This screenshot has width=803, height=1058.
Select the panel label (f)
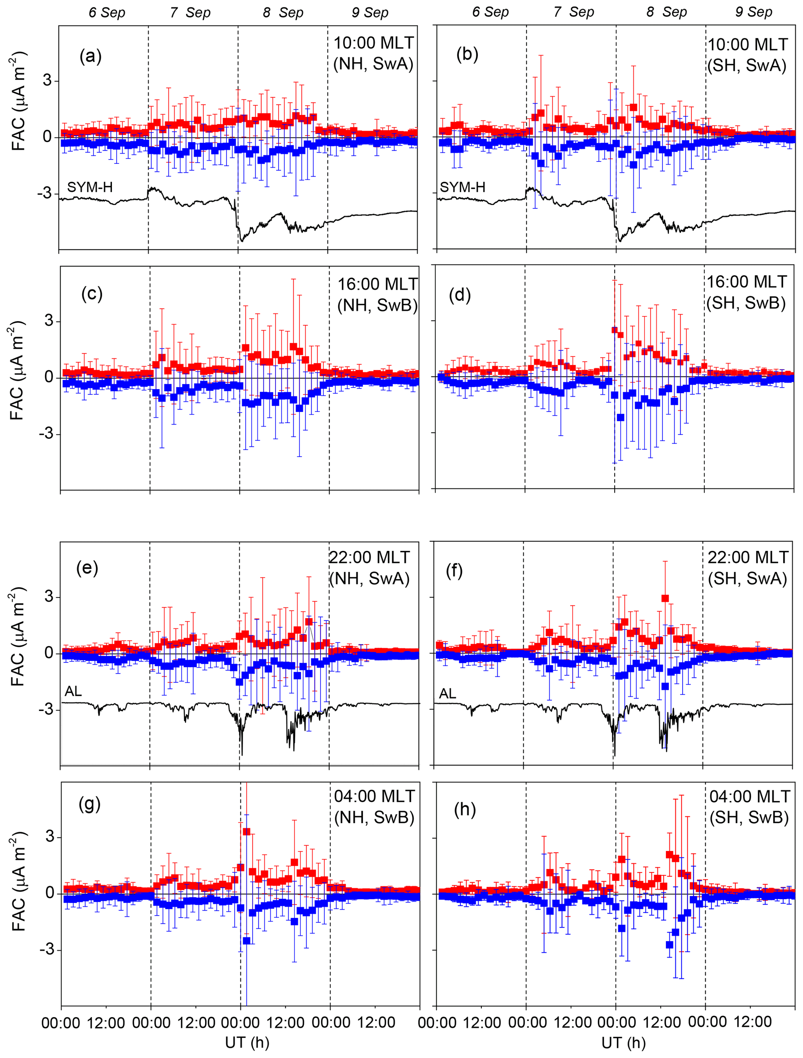(454, 571)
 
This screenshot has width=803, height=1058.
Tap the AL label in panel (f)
(448, 693)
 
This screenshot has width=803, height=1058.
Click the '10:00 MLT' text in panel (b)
(747, 45)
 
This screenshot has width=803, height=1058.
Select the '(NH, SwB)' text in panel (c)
(378, 305)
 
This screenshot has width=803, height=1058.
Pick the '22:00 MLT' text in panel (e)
(369, 557)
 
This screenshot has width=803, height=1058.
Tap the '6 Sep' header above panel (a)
(107, 12)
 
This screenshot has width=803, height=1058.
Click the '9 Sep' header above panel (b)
(754, 12)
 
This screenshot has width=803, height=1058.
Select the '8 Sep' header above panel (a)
(283, 12)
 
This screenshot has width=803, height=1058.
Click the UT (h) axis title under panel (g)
(247, 1042)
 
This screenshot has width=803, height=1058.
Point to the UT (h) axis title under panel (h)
(624, 1042)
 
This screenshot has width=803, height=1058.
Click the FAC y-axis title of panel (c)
(17, 371)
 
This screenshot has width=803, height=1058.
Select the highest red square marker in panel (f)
(665, 598)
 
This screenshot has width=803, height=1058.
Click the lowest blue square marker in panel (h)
(669, 945)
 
